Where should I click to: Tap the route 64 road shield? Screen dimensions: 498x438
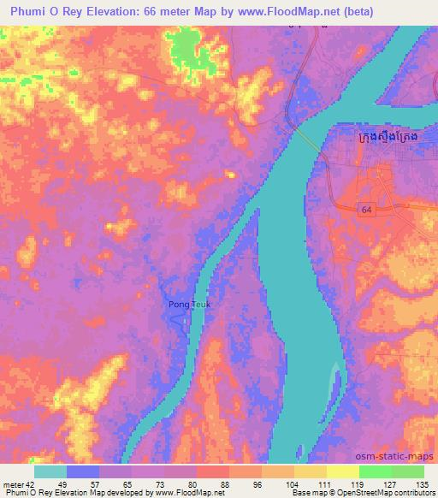point(366,210)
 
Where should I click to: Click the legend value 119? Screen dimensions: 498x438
point(345,483)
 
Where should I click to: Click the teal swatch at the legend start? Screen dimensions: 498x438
point(50,471)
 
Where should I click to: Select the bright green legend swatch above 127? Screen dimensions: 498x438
point(376,471)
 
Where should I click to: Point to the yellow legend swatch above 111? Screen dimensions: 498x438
point(311,471)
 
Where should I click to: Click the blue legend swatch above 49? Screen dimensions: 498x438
point(83,471)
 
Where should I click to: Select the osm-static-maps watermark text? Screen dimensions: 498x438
point(400,456)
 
